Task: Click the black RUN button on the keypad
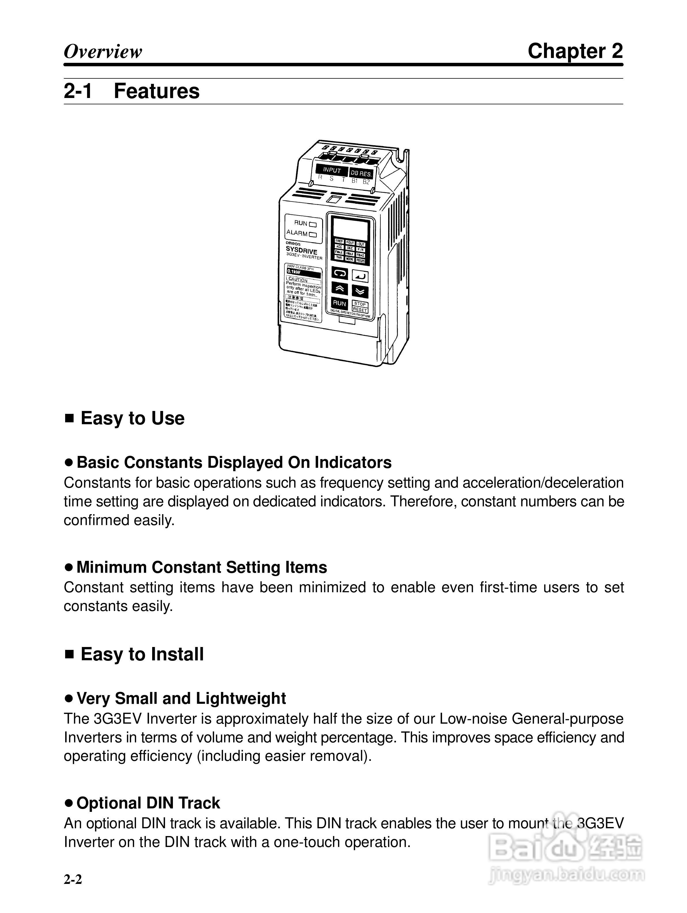tap(339, 303)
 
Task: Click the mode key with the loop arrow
tap(339, 273)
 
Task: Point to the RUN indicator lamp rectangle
tap(313, 225)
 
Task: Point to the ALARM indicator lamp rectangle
tap(313, 234)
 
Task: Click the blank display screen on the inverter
tap(351, 227)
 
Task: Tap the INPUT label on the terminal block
tap(332, 170)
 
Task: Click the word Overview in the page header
tap(103, 52)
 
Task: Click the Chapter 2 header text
tap(575, 51)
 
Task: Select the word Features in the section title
tap(156, 91)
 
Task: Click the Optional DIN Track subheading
tap(148, 803)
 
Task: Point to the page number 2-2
tap(73, 879)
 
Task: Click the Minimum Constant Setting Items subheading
tap(201, 567)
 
